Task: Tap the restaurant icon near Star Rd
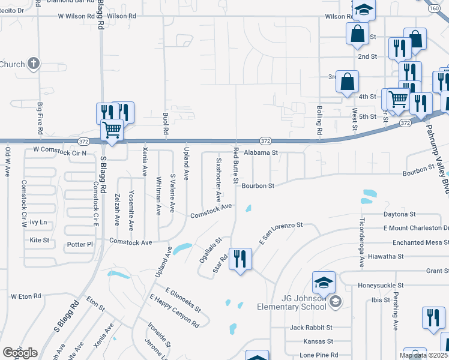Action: [240, 259]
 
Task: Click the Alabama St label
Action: [261, 152]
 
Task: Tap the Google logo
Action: [20, 353]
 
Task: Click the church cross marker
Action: [34, 63]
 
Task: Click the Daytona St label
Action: [400, 214]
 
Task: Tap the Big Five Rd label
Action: [40, 118]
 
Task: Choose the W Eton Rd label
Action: [26, 296]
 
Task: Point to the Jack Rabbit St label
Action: [311, 328]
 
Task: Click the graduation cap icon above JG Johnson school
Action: [324, 281]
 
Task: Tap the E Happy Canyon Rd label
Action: [174, 310]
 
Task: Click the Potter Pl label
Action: [80, 245]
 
